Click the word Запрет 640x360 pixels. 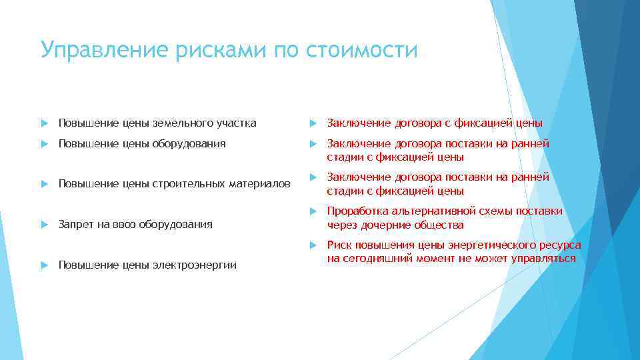75,225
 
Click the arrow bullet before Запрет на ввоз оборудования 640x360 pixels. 44,225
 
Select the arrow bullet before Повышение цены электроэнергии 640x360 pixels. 44,265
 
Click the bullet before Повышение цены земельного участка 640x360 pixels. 44,123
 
